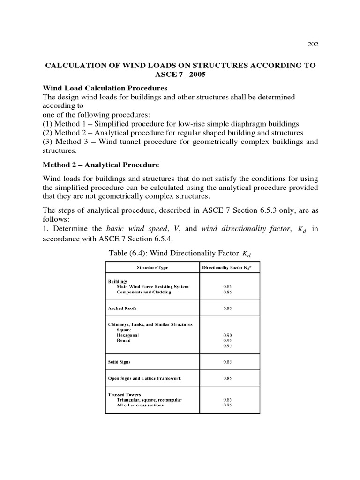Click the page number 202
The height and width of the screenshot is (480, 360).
(x=313, y=45)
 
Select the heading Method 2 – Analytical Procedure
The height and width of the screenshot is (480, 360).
(x=101, y=165)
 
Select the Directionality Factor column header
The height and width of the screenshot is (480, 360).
(x=227, y=267)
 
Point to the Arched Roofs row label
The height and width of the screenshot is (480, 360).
(x=122, y=308)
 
